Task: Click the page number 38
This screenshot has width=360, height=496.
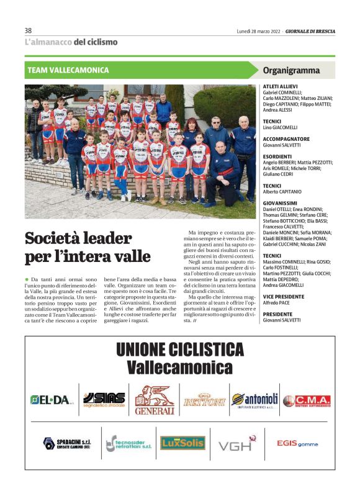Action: tap(28, 30)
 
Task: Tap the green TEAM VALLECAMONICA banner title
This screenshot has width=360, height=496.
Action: tap(68, 70)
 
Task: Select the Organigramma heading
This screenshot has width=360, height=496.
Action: tap(291, 70)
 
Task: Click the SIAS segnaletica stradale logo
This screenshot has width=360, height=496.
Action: tap(104, 400)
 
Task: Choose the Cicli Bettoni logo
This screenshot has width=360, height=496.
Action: tap(204, 401)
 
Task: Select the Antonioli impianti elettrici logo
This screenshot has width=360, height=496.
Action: tap(254, 400)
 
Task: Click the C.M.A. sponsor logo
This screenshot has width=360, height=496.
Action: tap(307, 401)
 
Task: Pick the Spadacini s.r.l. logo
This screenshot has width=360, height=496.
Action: tap(66, 443)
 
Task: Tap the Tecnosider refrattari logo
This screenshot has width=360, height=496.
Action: tap(128, 443)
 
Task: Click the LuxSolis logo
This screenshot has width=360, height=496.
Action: tap(182, 443)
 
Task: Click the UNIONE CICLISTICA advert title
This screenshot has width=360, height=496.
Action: tap(179, 349)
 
